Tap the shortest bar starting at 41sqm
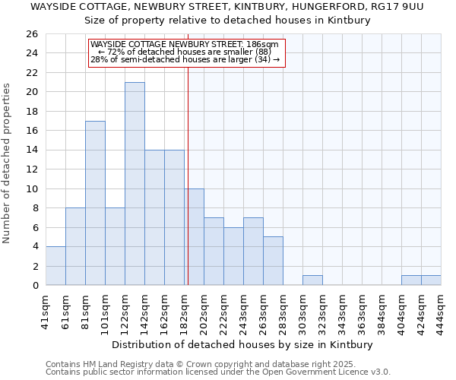click(x=55, y=266)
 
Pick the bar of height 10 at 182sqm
click(x=195, y=237)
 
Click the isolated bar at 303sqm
click(x=312, y=280)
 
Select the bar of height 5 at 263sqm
click(x=273, y=261)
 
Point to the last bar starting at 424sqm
click(x=431, y=280)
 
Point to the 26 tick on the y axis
click(x=31, y=34)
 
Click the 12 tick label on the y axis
click(x=31, y=169)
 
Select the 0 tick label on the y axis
click(x=34, y=286)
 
